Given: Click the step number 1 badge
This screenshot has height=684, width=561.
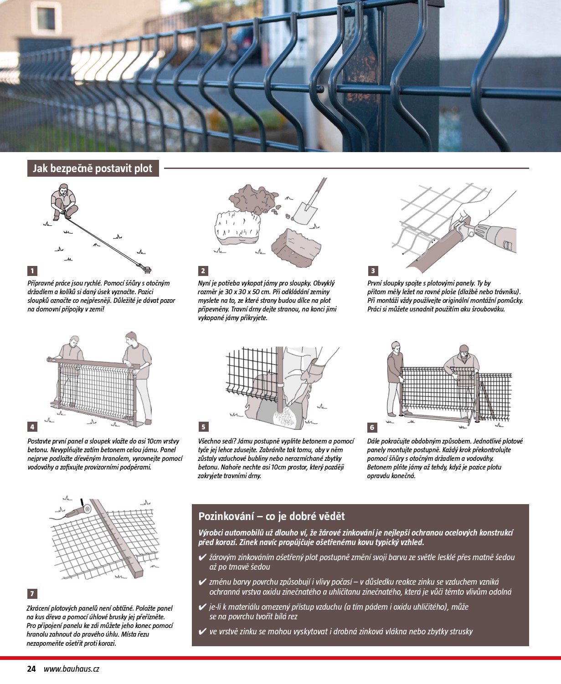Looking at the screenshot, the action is pos(32,271).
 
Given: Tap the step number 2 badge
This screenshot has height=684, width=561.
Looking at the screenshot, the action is pos(203,271).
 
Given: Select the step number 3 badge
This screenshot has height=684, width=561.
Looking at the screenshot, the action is pos(373,271).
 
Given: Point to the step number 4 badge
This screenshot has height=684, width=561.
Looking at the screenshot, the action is pos(32,427).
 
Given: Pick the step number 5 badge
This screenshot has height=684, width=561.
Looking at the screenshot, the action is pos(203,427).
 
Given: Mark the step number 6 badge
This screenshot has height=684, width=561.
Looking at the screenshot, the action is pos(372,427).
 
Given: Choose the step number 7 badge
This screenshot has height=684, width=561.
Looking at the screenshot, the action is pos(32,594).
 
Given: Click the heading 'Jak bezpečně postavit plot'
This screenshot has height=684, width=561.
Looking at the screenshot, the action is pos(93,168).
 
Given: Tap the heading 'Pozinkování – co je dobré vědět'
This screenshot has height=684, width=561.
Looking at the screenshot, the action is pos(272,516).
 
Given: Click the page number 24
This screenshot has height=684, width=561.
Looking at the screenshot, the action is pos(31,669).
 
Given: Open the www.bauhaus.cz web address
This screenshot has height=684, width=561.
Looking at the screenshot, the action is pos(72,669).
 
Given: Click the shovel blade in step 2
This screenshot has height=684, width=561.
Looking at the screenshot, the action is pos(304,212).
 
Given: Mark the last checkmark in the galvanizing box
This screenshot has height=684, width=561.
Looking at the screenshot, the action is pos(202,632).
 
